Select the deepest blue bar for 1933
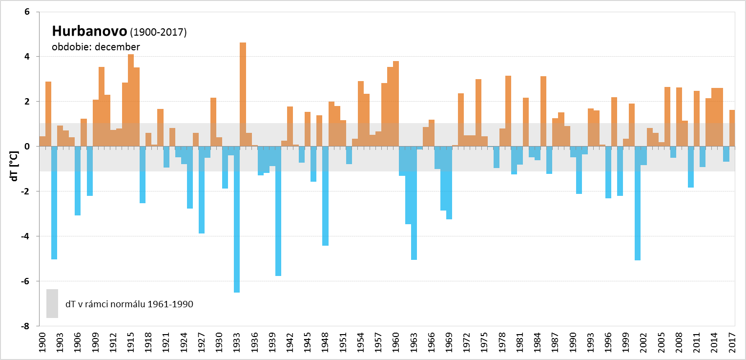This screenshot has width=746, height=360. (x=237, y=219)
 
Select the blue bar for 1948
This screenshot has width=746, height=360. (x=325, y=196)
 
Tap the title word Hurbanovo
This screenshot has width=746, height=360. (x=90, y=32)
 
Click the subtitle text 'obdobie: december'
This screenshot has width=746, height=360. (x=96, y=47)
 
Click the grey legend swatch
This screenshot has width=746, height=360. (x=52, y=303)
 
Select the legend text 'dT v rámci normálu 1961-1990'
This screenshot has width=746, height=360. (x=129, y=304)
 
